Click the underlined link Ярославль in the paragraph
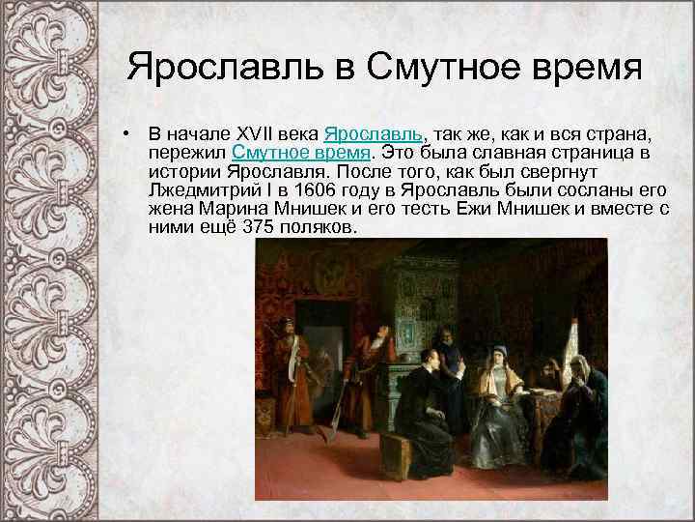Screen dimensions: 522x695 [x=376, y=132]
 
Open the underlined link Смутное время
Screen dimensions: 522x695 [x=301, y=153]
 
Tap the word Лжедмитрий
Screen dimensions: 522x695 [x=204, y=190]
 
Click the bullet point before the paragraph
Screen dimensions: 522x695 [x=126, y=133]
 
